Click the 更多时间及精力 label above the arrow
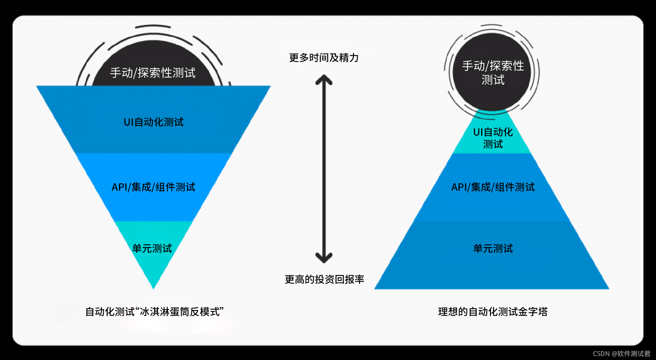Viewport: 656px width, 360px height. pos(324,58)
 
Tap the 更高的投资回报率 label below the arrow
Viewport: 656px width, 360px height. pos(324,279)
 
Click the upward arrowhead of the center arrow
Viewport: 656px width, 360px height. pos(324,79)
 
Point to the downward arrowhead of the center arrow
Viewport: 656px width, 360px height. pos(324,258)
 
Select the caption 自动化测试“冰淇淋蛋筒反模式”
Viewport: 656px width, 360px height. pos(154,312)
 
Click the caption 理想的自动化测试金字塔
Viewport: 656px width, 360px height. pos(493,312)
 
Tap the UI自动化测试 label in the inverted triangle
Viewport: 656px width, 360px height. pos(154,122)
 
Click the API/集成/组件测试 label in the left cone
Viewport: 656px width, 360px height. pos(154,187)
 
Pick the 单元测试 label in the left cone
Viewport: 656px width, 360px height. pos(152,248)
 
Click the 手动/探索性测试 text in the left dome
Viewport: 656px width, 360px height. pos(153,73)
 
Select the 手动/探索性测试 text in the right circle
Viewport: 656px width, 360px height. pos(493,73)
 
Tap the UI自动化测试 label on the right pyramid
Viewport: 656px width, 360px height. pos(493,138)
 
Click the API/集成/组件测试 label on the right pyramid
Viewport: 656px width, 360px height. pos(493,187)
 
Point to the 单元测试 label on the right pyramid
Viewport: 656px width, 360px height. pos(493,248)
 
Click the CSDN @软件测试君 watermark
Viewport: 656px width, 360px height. pos(621,354)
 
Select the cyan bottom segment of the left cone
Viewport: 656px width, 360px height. pos(153,267)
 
